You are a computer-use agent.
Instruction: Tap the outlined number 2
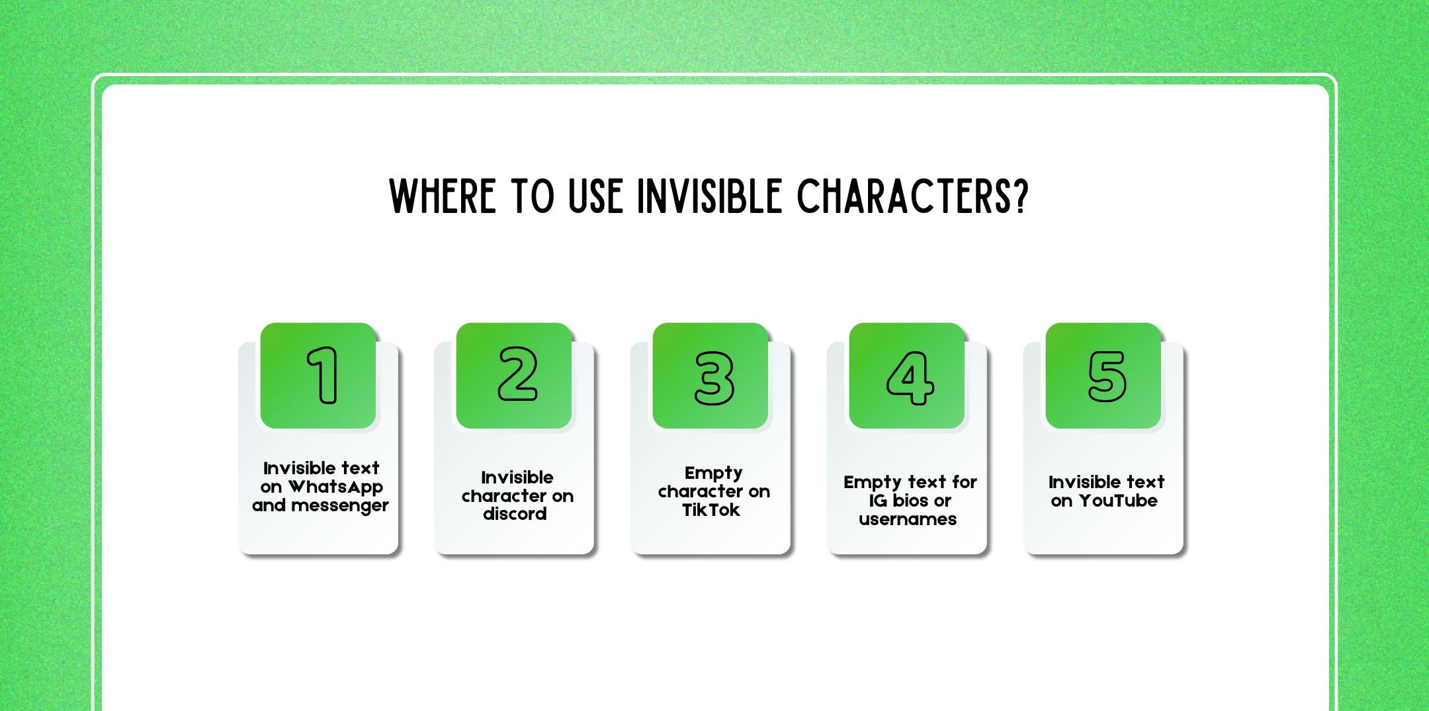(517, 374)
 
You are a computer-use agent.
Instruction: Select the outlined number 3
(714, 378)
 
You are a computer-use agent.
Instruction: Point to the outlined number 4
(910, 378)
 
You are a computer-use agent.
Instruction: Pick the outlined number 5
(1107, 376)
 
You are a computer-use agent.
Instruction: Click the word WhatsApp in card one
(335, 487)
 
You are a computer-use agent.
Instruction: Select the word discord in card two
(515, 514)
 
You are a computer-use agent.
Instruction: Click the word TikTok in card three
(711, 510)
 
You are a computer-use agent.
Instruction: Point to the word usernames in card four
(907, 519)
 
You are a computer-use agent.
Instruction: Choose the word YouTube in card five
(1118, 501)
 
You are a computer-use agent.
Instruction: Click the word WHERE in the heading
(442, 196)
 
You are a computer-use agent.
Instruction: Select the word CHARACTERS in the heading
(904, 196)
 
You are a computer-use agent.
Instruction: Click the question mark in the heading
(1021, 196)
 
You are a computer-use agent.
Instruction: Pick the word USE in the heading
(595, 196)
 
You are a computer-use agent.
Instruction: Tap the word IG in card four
(877, 501)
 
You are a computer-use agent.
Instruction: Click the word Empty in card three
(713, 474)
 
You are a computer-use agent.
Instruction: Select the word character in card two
(503, 496)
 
